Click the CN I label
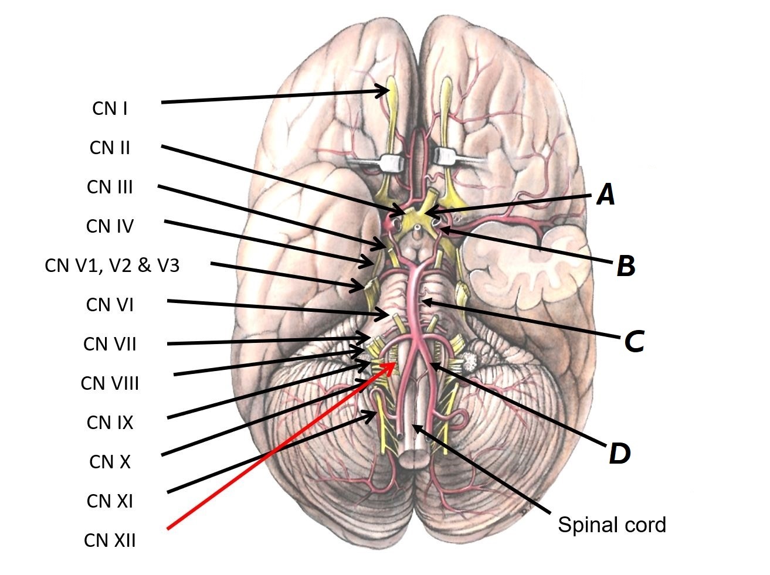point(110,108)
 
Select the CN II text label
point(110,148)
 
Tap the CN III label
point(110,187)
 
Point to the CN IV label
point(110,226)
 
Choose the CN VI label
point(110,305)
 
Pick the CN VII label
point(110,344)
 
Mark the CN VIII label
point(110,383)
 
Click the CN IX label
point(110,423)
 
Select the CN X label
point(110,462)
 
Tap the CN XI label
point(110,501)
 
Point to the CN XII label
point(110,540)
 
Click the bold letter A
point(606,194)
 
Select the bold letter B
point(626,267)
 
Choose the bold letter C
point(633,342)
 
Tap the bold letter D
point(619,453)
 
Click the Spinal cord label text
point(612,525)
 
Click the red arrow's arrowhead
point(392,365)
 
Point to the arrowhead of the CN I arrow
point(385,90)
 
